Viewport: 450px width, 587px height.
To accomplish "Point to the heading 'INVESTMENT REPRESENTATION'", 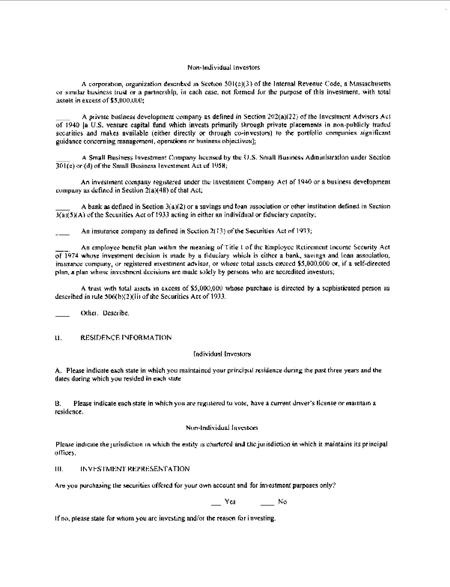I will [135, 469].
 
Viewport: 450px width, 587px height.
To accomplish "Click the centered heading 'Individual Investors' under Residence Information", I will [222, 354].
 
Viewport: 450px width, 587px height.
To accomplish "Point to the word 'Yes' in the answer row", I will [230, 502].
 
